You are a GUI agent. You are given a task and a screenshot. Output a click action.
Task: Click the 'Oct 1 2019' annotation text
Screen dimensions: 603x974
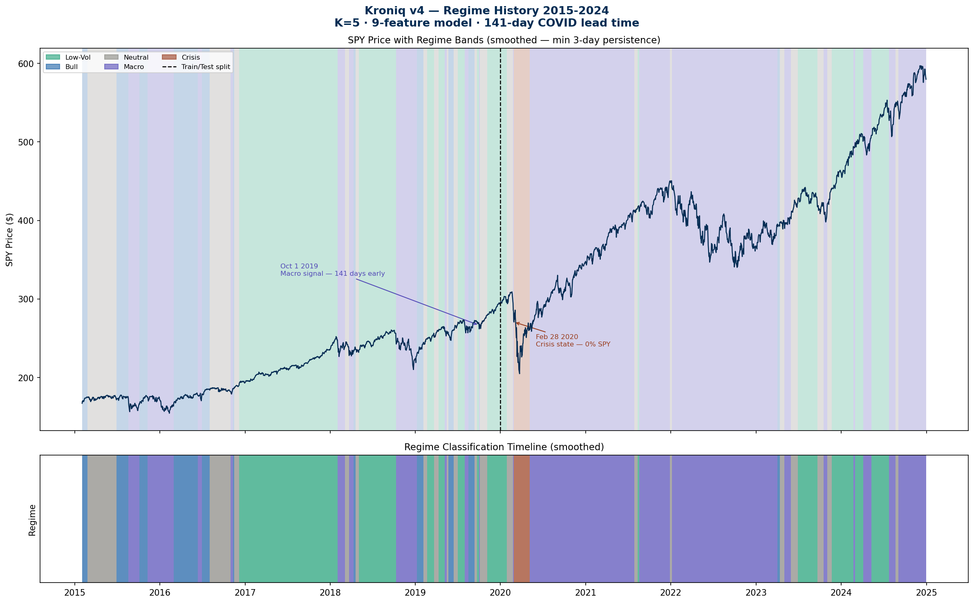[x=299, y=266]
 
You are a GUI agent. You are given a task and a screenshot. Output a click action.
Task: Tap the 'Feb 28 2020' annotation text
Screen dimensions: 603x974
[x=557, y=337]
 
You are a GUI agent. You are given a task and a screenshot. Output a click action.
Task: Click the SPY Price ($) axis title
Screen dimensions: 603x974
[x=10, y=240]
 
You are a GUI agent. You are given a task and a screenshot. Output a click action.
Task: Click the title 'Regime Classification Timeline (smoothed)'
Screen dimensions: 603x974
[x=504, y=447]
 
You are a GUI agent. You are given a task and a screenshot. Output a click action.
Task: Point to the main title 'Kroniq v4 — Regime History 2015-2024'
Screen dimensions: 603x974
[x=486, y=11]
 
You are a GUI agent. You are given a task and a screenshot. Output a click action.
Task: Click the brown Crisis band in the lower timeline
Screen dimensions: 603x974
[x=521, y=519]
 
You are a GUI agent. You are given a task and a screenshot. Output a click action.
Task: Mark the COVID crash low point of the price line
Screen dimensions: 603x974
[x=519, y=373]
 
